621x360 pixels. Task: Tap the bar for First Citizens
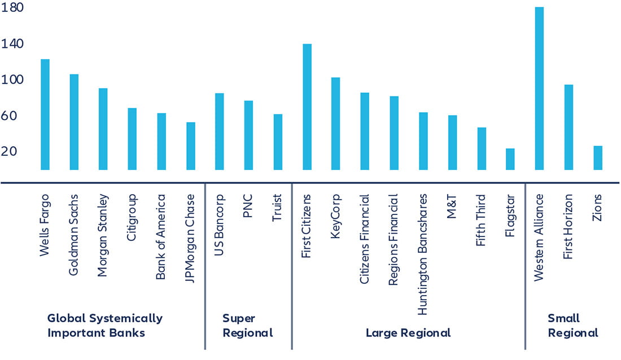307,107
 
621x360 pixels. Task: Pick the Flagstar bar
510,159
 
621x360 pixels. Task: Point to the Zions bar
598,158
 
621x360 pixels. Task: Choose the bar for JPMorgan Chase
191,146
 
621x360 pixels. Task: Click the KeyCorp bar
335,124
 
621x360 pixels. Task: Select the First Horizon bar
568,128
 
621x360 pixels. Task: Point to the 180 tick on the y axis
12,8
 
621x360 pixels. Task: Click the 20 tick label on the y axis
12,151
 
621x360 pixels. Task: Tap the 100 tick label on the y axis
12,80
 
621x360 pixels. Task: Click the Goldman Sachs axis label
74,235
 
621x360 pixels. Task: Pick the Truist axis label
277,209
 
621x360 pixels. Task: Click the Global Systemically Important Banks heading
104,326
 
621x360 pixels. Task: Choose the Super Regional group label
247,326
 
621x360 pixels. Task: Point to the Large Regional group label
408,333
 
